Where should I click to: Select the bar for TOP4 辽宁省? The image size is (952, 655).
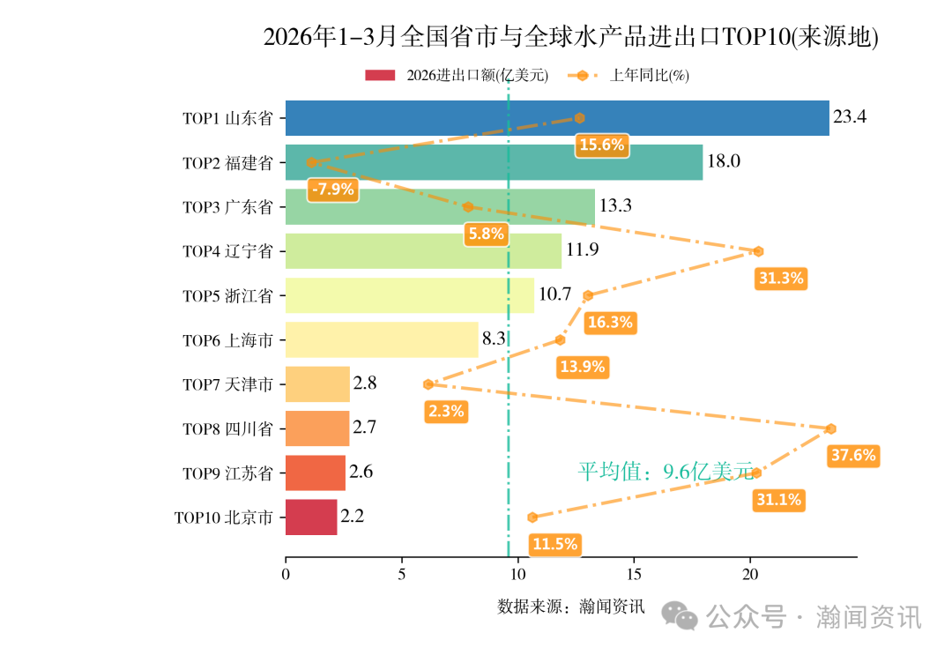pos(423,251)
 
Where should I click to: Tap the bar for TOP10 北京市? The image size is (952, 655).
pos(311,517)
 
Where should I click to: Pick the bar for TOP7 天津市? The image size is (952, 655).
pos(317,384)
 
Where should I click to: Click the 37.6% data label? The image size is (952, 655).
pos(852,456)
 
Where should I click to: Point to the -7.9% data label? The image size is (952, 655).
pos(333,189)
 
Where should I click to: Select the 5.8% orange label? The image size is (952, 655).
pos(487,234)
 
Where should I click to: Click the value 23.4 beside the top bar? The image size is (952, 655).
pos(850,117)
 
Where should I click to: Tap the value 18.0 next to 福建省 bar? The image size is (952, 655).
pos(723,162)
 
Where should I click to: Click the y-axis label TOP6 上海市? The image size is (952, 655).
pos(227,340)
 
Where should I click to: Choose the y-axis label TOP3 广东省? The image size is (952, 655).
pos(227,207)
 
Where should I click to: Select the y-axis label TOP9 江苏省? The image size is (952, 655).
pos(227,473)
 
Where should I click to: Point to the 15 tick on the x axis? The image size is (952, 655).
pos(634,575)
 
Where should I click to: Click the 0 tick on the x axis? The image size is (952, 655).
pos(286,575)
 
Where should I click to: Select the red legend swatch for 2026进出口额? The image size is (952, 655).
pos(381,76)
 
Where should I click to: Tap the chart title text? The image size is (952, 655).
pos(571,37)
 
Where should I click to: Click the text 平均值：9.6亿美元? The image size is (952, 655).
pos(666,472)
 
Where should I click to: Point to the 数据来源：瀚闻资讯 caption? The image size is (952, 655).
pos(571,607)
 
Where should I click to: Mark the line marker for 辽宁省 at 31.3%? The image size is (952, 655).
pos(758,251)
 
